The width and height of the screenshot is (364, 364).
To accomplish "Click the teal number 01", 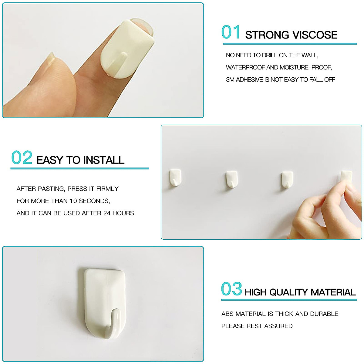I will pyautogui.click(x=231, y=32).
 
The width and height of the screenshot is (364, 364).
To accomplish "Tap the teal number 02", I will pyautogui.click(x=22, y=158).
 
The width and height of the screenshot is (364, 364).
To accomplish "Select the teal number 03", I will pyautogui.click(x=231, y=289).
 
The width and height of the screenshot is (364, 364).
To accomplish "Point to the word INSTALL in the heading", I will pyautogui.click(x=104, y=160).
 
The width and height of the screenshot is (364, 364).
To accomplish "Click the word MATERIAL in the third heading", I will pyautogui.click(x=333, y=292).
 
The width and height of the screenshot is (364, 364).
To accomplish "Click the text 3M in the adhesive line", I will pyautogui.click(x=230, y=79).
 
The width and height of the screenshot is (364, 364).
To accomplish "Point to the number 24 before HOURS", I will pyautogui.click(x=107, y=213).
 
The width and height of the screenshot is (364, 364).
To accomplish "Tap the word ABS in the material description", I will pyautogui.click(x=227, y=314).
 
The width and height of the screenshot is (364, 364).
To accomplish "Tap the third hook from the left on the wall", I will pyautogui.click(x=287, y=180).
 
